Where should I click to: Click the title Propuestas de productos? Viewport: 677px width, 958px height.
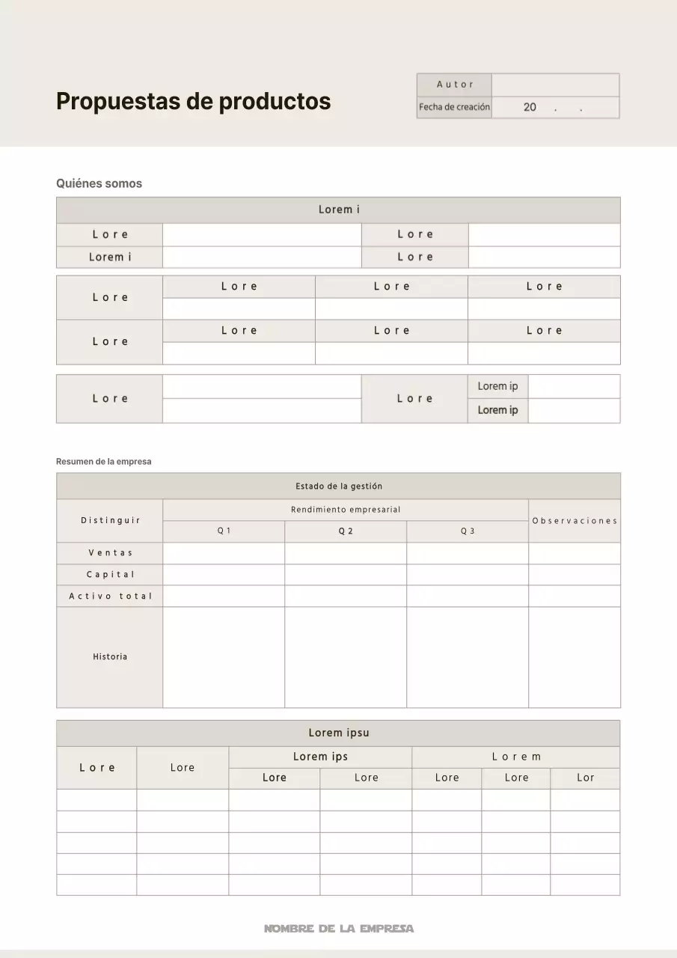193,101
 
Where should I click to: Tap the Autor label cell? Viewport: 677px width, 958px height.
455,85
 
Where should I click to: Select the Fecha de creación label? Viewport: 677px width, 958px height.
454,107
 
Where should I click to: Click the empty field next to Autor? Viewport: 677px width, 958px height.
556,85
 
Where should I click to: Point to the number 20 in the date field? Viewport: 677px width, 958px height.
530,107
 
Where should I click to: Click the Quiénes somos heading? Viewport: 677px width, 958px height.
99,183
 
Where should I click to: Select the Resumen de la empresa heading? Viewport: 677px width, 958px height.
103,462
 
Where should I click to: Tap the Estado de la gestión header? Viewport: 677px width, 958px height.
338,486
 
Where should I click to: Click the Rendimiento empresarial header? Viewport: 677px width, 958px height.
346,510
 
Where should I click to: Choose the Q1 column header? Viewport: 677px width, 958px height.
224,531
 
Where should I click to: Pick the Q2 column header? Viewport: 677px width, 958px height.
346,531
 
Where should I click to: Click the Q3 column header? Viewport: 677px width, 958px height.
468,531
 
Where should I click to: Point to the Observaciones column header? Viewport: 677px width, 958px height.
575,521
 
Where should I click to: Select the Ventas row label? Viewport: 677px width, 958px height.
110,553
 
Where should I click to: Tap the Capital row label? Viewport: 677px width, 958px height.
110,575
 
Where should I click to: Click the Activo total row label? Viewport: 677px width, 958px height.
110,597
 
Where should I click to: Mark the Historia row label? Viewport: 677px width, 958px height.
110,657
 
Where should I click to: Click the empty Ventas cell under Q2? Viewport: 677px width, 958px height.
346,553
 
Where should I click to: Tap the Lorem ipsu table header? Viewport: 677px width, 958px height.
338,733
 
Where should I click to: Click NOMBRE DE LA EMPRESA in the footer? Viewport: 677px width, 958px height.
338,929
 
